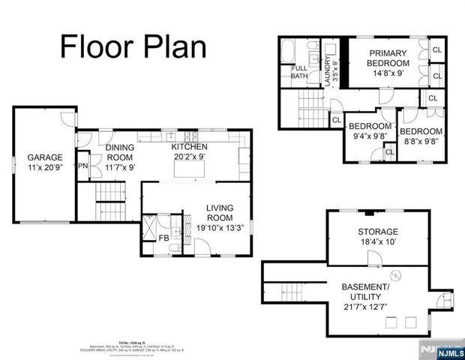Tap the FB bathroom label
pyautogui.click(x=163, y=238)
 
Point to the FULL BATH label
pyautogui.click(x=298, y=72)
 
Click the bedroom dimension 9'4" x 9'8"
pyautogui.click(x=369, y=136)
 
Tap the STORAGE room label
pyautogui.click(x=377, y=231)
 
